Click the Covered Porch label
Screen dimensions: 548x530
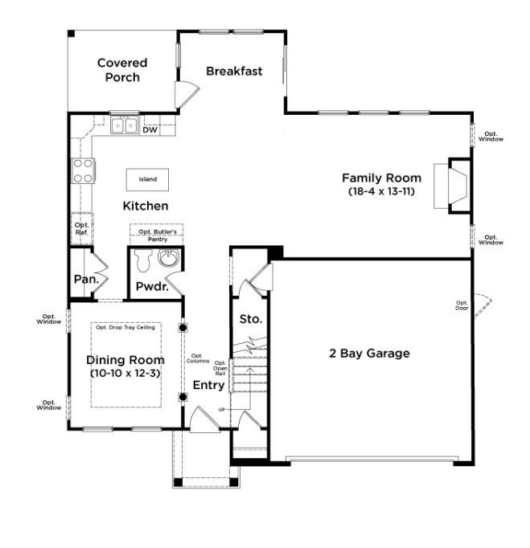coord(122,70)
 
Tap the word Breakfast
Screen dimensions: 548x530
coord(234,71)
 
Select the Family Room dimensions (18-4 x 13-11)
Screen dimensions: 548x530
coord(381,192)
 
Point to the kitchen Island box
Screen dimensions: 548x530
coord(148,179)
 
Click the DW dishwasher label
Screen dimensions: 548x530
coord(150,129)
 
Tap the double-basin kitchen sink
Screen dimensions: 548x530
coord(124,125)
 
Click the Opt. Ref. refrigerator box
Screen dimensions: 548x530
coord(82,228)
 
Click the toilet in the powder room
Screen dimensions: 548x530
coord(144,259)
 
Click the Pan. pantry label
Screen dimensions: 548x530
coord(86,280)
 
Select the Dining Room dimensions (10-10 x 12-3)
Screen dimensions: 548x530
coord(125,374)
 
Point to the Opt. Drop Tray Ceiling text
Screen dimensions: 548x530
coord(125,327)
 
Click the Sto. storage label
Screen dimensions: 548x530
coord(250,319)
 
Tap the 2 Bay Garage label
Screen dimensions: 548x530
coord(369,354)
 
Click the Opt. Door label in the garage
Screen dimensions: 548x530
coord(462,305)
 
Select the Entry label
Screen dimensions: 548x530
coord(208,386)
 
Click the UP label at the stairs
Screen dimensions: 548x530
coord(222,410)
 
